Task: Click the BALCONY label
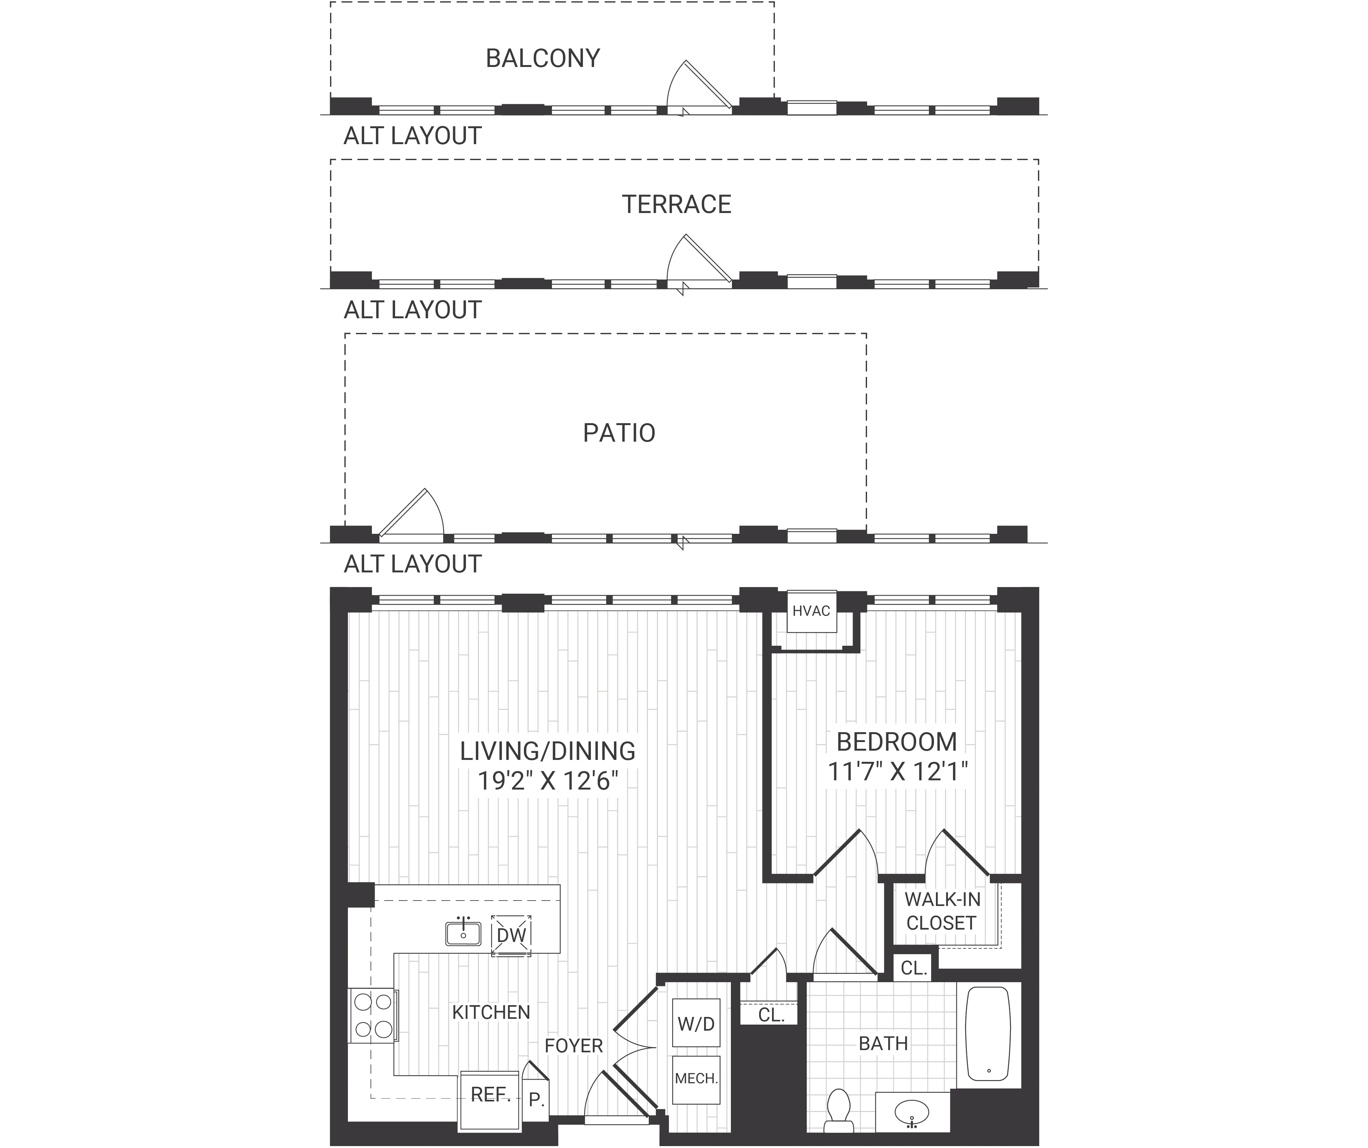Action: click(x=543, y=59)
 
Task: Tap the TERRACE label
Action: click(x=676, y=205)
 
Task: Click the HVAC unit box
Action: click(x=811, y=611)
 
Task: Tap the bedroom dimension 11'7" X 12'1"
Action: click(x=897, y=771)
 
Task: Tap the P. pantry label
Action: click(x=536, y=1100)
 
